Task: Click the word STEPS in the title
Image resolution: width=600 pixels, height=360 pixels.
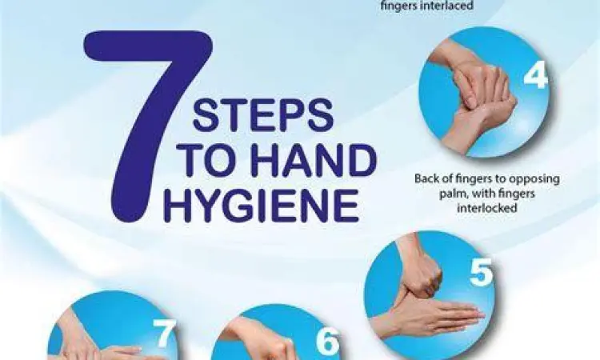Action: [x=263, y=114]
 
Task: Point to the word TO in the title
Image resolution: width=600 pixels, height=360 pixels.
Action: [x=209, y=160]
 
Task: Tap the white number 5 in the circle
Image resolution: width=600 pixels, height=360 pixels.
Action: [x=482, y=271]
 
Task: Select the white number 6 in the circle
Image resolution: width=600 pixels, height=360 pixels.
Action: [x=327, y=341]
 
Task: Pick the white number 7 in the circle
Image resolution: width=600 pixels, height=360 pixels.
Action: [x=165, y=333]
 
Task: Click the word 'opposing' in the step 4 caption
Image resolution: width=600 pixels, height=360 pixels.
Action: [x=537, y=179]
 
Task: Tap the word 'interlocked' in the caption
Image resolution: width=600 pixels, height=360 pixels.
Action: [x=486, y=208]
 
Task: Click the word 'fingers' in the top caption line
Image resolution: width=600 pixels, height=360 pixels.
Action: [x=400, y=6]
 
